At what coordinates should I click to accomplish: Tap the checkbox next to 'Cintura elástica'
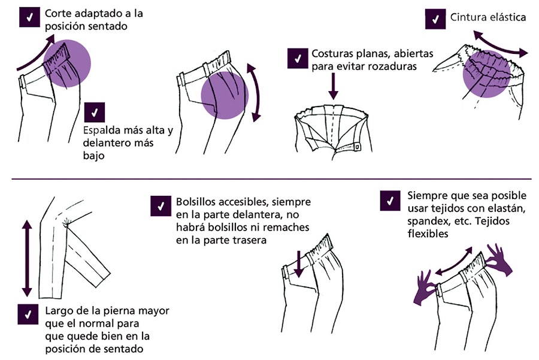pyautogui.click(x=434, y=19)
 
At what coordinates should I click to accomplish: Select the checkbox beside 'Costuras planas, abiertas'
pyautogui.click(x=296, y=58)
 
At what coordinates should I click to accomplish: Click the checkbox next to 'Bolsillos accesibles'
pyautogui.click(x=160, y=205)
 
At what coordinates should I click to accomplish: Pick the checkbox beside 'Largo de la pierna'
pyautogui.click(x=28, y=314)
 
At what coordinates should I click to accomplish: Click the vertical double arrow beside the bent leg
pyautogui.click(x=26, y=258)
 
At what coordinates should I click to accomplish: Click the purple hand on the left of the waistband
pyautogui.click(x=426, y=284)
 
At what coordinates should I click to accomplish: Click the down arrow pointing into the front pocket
pyautogui.click(x=298, y=264)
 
